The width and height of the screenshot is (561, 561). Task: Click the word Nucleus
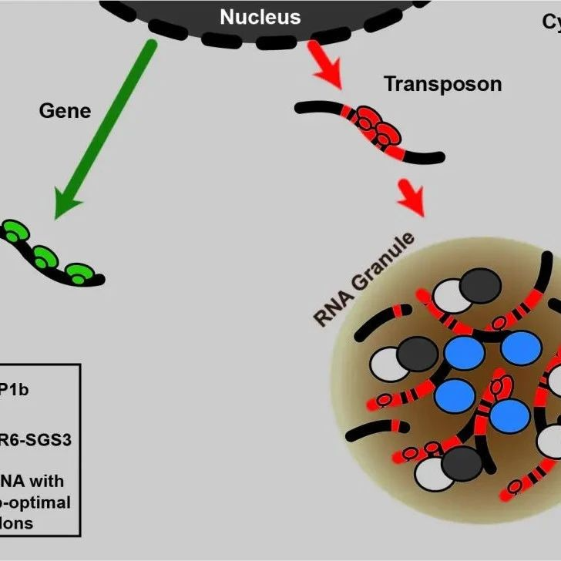coord(260,17)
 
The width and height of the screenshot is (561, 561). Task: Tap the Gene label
coord(65,111)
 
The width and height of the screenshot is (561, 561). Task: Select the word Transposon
coord(442,84)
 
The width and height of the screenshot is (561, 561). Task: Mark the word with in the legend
coord(48,482)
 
